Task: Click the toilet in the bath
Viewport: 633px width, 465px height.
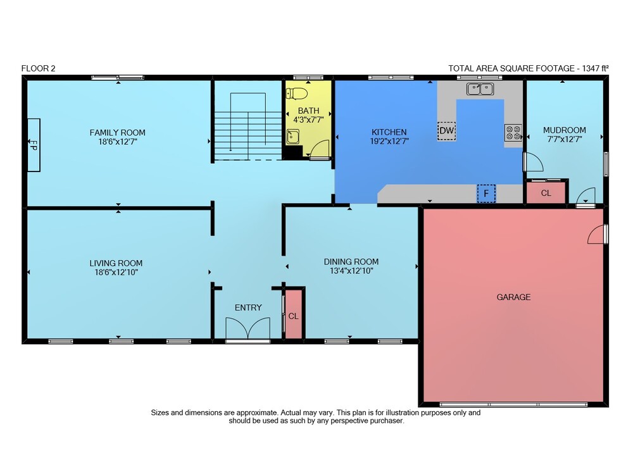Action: coord(297,94)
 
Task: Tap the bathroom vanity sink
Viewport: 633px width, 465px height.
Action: coord(293,137)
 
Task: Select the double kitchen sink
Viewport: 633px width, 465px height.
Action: coord(480,89)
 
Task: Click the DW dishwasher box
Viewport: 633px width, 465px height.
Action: coord(446,131)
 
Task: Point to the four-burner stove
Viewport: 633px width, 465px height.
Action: coord(513,133)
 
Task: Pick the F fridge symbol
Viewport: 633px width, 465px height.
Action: coord(486,194)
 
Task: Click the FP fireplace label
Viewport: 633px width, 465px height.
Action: coord(34,145)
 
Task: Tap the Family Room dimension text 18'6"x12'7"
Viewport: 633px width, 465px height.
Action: coord(117,142)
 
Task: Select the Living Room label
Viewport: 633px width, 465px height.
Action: coord(116,263)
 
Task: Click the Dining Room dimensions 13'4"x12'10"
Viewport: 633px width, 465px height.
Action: coord(351,271)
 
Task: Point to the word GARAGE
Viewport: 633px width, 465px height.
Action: coord(513,297)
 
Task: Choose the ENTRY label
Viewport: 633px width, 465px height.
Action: coord(248,307)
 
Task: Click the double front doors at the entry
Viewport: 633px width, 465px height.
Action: coord(248,329)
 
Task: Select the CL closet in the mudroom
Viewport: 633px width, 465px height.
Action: coord(546,193)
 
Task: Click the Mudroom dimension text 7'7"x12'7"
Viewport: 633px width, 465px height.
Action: coord(565,139)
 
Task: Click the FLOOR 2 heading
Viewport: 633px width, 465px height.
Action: coord(39,68)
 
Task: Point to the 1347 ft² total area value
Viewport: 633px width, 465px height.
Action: coord(595,68)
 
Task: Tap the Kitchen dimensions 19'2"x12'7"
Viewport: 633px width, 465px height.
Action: coord(389,141)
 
